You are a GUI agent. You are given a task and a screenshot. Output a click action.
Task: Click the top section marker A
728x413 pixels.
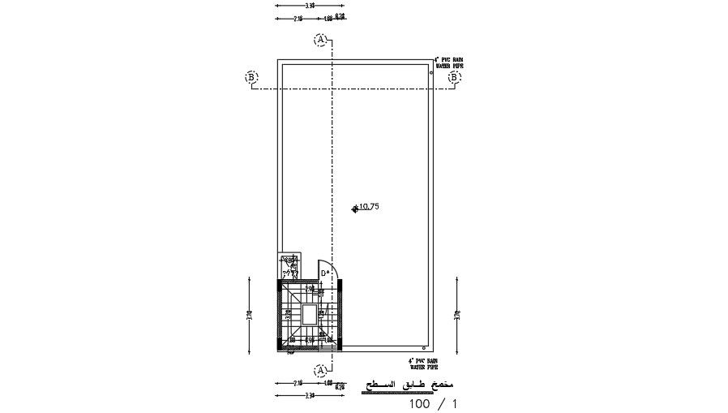pos(322,39)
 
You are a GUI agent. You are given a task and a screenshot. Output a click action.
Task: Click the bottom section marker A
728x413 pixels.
pos(322,369)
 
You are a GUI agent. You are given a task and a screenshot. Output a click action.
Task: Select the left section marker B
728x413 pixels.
pos(251,77)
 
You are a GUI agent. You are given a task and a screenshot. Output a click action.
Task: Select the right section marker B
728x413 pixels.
pos(455,77)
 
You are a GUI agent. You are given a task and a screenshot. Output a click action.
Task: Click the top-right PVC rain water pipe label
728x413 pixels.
pos(448,62)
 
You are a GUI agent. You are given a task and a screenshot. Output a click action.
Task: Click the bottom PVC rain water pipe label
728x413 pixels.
pos(422,363)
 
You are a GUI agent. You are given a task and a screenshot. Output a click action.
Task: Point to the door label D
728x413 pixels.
pos(324,273)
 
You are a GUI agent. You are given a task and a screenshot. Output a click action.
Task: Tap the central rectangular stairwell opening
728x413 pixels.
pos(309,314)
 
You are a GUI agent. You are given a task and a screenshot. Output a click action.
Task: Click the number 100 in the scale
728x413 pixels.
pos(421,402)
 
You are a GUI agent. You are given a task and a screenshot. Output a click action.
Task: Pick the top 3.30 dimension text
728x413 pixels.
pos(287,5)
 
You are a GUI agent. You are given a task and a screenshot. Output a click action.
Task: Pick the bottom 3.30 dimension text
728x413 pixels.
pos(287,395)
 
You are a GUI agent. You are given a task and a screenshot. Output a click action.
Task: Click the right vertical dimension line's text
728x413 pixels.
pos(456,314)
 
